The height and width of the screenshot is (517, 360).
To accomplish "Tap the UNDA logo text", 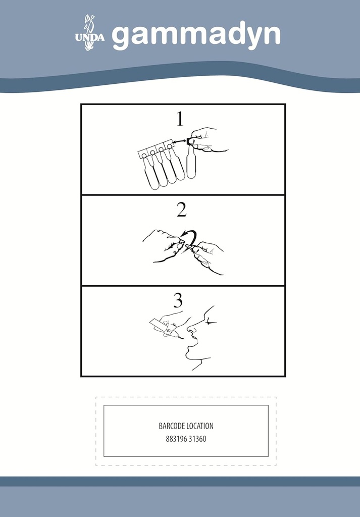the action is [x=90, y=37].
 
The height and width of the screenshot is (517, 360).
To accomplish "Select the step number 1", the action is [x=180, y=119].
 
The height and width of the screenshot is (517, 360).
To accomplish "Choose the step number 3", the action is [x=178, y=301].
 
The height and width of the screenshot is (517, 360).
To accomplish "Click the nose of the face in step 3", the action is [x=191, y=328].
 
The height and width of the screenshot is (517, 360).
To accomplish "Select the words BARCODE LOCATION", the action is [x=186, y=426].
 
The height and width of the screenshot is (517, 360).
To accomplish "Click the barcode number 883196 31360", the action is [x=186, y=439].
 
